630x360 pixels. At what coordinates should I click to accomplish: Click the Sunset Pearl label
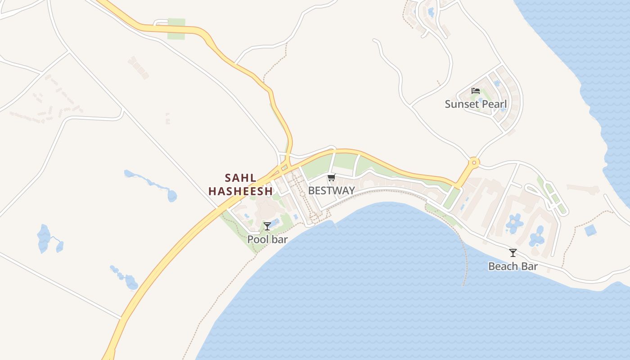click(x=476, y=104)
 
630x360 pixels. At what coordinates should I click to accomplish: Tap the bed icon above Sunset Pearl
click(x=476, y=91)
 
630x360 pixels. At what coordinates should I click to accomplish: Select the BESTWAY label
click(x=331, y=191)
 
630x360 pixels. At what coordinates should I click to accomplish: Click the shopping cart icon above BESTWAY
click(x=331, y=177)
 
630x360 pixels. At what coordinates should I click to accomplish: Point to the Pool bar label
click(x=267, y=239)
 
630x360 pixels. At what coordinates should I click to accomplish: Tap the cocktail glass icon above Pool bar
click(x=267, y=226)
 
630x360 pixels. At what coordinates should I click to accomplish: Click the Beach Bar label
click(x=513, y=266)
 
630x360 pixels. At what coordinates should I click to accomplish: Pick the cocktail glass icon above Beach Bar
click(x=513, y=253)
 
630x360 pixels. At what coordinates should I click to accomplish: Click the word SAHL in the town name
click(x=241, y=178)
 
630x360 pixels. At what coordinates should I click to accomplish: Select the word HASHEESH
click(x=241, y=191)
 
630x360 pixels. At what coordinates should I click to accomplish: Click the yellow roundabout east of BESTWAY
click(x=473, y=162)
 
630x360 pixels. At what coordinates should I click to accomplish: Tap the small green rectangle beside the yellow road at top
click(x=176, y=28)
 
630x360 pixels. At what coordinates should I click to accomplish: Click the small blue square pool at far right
click(x=590, y=230)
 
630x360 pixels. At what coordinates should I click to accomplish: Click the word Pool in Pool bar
click(x=258, y=239)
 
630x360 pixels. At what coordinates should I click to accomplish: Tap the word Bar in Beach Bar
click(x=529, y=266)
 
